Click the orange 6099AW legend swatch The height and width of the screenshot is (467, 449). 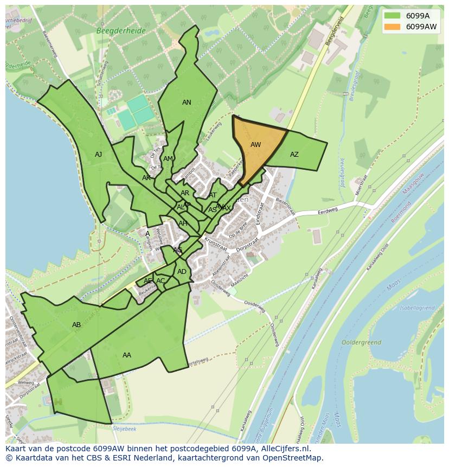pyautogui.click(x=392, y=27)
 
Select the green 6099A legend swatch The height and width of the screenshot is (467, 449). pyautogui.click(x=392, y=16)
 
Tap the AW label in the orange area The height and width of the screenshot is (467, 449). pyautogui.click(x=256, y=145)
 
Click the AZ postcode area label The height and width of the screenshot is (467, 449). pyautogui.click(x=294, y=155)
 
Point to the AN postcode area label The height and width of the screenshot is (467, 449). pyautogui.click(x=187, y=103)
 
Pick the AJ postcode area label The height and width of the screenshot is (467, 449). pyautogui.click(x=98, y=155)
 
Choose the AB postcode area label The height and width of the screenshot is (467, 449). pyautogui.click(x=76, y=325)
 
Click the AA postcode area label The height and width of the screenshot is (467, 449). pyautogui.click(x=127, y=355)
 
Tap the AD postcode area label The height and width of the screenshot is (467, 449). pyautogui.click(x=182, y=272)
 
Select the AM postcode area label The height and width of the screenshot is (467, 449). pyautogui.click(x=168, y=159)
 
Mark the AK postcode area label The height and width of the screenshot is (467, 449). pyautogui.click(x=146, y=178)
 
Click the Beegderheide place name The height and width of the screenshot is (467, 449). pyautogui.click(x=121, y=31)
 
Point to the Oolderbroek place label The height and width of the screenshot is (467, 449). pyautogui.click(x=362, y=343)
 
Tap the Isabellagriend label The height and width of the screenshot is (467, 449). pyautogui.click(x=417, y=308)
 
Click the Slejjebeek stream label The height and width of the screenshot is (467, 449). pyautogui.click(x=124, y=428)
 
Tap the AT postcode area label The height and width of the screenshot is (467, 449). pyautogui.click(x=213, y=195)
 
